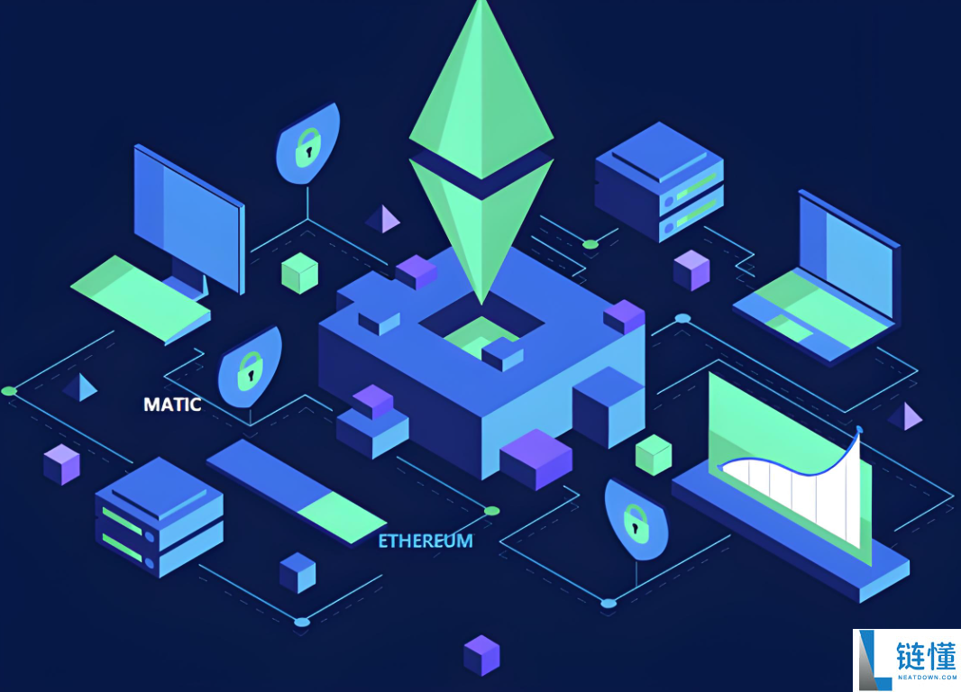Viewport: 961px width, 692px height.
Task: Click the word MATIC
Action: coord(172,405)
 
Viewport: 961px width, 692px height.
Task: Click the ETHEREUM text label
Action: coord(426,541)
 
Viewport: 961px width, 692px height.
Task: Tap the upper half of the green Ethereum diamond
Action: coord(481,92)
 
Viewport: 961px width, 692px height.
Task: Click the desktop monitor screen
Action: coord(188,217)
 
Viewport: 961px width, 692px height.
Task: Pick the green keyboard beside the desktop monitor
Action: coord(141,299)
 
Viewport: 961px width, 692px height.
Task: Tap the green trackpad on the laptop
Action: coord(790,329)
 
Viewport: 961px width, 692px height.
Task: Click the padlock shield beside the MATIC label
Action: coord(250,368)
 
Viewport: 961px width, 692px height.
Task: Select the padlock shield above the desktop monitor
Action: coord(307,144)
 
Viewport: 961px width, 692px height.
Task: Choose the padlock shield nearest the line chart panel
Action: coord(636,520)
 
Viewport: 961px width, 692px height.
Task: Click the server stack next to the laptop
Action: coord(660,182)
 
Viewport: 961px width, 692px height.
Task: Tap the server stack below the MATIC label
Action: coord(160,517)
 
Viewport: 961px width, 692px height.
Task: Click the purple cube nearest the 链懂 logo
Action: coord(481,655)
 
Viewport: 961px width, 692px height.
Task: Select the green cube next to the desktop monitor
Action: coord(299,273)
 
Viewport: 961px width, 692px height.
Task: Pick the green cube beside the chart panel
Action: coord(654,455)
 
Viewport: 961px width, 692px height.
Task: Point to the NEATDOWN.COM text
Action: coord(927,678)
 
